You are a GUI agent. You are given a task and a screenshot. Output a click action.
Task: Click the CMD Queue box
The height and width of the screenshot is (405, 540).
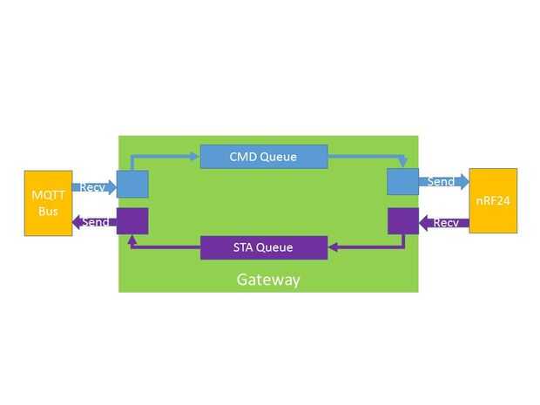point(264,157)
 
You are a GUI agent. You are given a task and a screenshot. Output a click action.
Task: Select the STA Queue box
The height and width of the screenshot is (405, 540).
point(264,247)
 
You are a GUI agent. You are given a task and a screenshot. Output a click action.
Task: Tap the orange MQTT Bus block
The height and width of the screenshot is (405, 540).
point(49,203)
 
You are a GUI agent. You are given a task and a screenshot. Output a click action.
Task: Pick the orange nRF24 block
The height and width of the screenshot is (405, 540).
point(493,201)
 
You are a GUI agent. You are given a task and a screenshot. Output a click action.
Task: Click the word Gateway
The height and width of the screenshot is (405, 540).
point(268,280)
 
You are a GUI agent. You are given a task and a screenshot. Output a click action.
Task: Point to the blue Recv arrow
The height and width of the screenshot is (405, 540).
point(94,187)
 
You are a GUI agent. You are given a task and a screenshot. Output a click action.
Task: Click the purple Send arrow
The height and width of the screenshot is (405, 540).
point(94,222)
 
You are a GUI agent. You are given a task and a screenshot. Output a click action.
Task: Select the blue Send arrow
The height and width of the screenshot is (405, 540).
point(444,181)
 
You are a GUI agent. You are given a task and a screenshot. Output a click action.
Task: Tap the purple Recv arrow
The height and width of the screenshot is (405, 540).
point(444,223)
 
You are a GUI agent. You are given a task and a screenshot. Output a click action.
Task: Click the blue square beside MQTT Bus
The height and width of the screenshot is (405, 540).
point(132,184)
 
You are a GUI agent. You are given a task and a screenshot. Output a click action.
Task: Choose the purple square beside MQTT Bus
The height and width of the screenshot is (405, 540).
point(132,221)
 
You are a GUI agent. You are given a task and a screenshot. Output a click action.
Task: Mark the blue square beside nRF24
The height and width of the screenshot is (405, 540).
point(403,181)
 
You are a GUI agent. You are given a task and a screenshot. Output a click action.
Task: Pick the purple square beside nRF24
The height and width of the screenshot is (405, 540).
point(403,220)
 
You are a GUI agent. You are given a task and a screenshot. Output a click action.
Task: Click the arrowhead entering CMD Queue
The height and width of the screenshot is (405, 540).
point(195,157)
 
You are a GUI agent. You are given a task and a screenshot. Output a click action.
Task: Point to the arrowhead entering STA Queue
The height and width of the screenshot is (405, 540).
point(334,247)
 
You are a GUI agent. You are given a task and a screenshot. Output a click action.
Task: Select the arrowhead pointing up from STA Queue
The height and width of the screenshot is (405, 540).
point(132,240)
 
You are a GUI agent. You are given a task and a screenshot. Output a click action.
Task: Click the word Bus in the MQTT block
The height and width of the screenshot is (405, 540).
point(48,211)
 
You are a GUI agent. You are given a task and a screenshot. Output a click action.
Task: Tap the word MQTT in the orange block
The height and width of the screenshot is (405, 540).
point(48,195)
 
